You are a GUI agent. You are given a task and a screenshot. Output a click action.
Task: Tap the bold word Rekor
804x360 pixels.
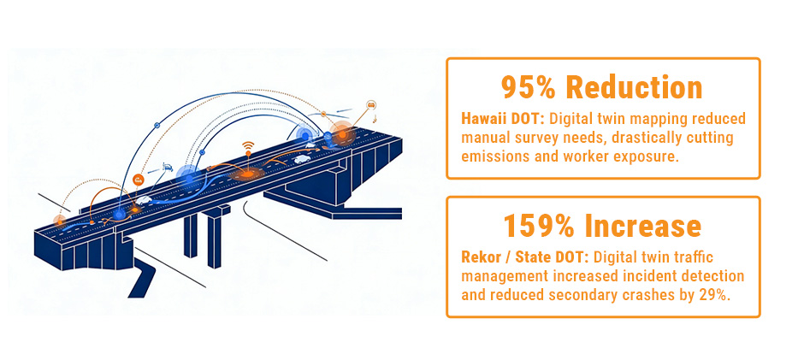[x=480, y=257]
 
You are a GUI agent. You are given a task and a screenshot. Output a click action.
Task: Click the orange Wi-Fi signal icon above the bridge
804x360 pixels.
[x=249, y=146]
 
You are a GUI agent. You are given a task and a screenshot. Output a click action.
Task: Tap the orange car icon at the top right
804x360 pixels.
[x=371, y=104]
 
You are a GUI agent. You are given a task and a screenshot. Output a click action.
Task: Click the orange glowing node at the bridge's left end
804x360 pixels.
[x=60, y=221]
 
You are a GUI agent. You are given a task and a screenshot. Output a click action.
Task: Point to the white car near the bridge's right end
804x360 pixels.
[x=301, y=158]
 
